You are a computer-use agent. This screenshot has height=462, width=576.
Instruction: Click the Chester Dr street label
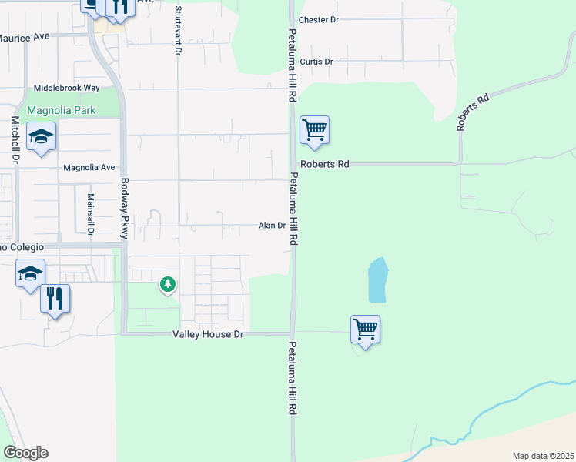tap(318, 19)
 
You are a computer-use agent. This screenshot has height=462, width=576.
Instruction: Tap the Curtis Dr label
tap(316, 62)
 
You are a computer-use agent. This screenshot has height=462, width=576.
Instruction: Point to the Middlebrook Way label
tap(67, 89)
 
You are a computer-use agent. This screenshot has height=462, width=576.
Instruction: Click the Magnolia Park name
tap(62, 110)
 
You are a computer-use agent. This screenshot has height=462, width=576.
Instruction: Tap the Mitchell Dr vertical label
tap(14, 139)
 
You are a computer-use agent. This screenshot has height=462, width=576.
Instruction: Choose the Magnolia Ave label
tap(89, 167)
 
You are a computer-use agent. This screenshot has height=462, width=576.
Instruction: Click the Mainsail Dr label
tap(90, 213)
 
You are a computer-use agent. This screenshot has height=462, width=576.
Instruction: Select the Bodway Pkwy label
tap(123, 209)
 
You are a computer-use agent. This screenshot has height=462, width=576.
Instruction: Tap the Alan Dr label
tap(272, 226)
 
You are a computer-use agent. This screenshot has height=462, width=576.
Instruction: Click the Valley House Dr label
tap(207, 333)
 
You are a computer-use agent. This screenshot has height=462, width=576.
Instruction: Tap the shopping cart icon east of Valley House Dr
tap(365, 330)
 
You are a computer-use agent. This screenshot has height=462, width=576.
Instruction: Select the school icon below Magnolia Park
tap(41, 137)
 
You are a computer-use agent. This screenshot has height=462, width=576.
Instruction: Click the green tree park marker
tap(167, 285)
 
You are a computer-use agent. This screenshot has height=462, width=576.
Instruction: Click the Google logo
tap(25, 453)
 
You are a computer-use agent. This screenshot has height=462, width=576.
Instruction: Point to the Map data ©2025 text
tap(543, 456)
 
